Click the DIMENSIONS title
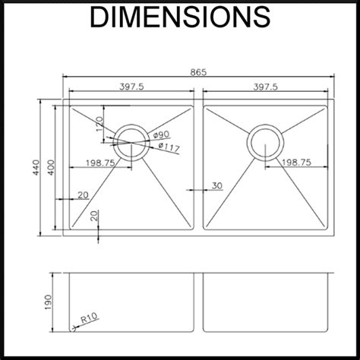coord(180,17)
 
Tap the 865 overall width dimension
coord(198,72)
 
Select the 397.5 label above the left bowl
coord(131,87)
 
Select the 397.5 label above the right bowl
coord(265,87)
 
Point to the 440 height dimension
coord(36,167)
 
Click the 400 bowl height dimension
coord(51,167)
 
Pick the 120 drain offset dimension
coord(99,124)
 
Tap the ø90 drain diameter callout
coord(161,134)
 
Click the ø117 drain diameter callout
coord(169,147)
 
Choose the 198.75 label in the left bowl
coord(100,163)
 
